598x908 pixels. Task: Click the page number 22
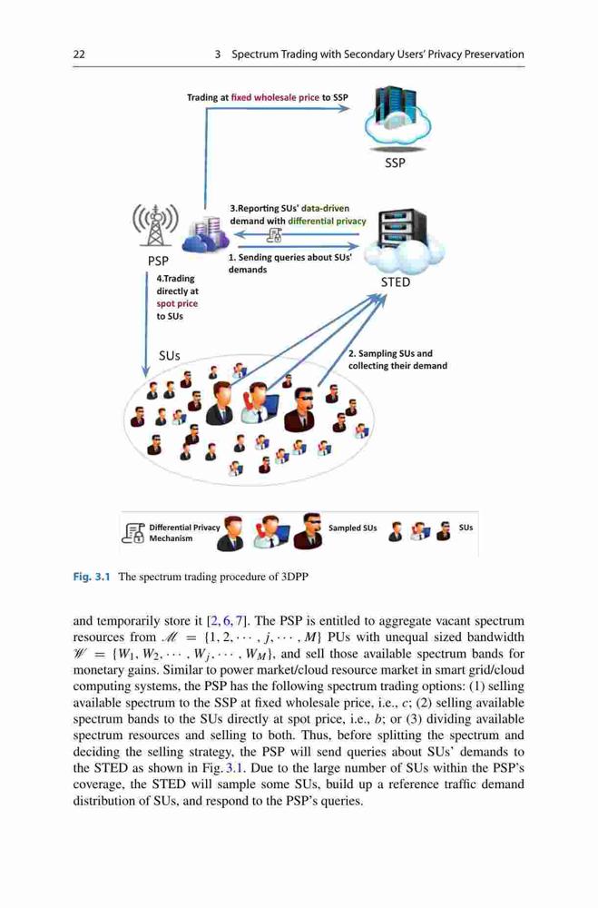coord(79,54)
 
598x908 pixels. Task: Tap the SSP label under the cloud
coord(395,163)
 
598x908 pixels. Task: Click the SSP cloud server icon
coord(397,117)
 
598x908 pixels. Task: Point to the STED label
coord(396,282)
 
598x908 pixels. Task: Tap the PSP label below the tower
coord(158,262)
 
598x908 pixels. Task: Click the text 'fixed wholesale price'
coord(275,97)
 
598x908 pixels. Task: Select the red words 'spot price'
coord(177,303)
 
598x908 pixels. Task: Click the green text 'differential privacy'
coord(327,221)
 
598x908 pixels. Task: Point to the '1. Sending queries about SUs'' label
coord(290,257)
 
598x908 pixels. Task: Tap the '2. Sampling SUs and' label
coord(390,353)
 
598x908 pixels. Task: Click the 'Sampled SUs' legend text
coord(353,528)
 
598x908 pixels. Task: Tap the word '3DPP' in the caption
coord(295,577)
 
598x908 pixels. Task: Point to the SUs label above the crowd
coord(170,356)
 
